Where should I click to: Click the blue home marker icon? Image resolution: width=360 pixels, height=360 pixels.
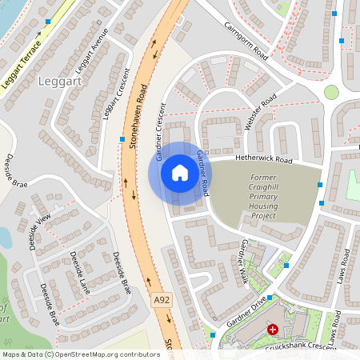[x=180, y=173]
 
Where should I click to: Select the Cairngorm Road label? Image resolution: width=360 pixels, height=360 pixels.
[x=257, y=38]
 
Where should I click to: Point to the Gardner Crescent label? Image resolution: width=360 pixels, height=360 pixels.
[x=162, y=132]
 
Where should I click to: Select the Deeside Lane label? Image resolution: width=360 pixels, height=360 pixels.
[x=78, y=273]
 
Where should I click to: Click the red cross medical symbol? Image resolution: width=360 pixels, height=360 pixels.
[x=274, y=329]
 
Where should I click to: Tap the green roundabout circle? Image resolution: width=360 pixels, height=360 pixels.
[x=331, y=92]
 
